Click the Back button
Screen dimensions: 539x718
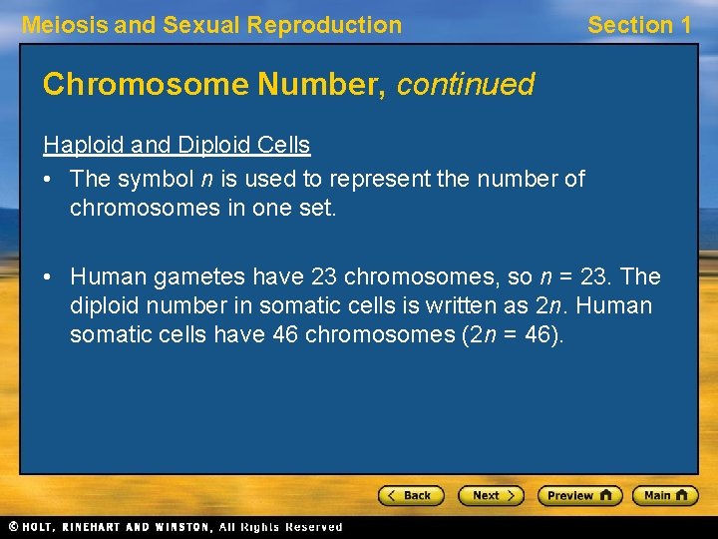410,495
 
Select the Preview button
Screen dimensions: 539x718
579,495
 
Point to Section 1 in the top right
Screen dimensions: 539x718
639,26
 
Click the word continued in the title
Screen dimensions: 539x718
465,85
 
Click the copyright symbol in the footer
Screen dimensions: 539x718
13,526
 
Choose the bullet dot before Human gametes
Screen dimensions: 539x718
50,276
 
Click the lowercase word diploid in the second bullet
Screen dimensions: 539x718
106,305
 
